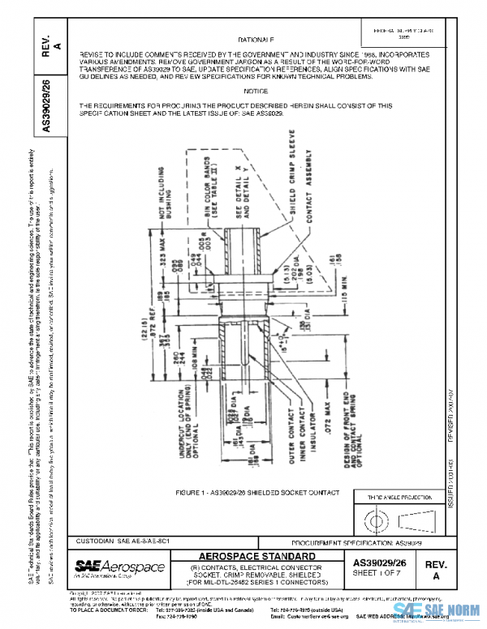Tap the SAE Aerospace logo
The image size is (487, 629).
pyautogui.click(x=119, y=566)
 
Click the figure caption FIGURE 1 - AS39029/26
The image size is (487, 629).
pyautogui.click(x=246, y=493)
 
